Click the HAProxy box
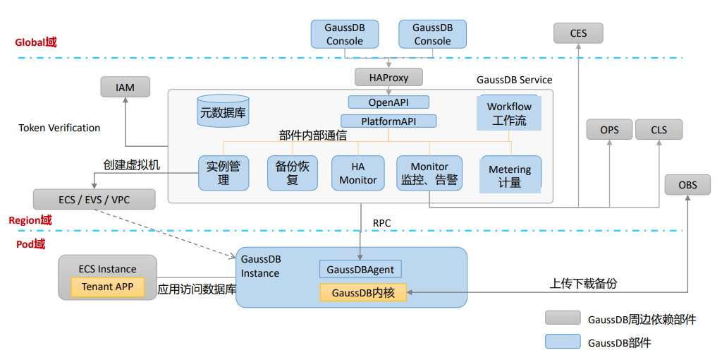tap(388, 77)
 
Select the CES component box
tap(577, 33)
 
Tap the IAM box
tap(125, 88)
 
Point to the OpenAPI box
tap(388, 102)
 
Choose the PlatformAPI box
tap(388, 121)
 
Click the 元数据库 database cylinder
tap(223, 112)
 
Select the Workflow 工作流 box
tap(509, 113)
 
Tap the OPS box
tap(609, 130)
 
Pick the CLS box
tap(659, 130)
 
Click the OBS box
tap(687, 185)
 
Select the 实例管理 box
tap(224, 173)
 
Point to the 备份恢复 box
tap(292, 173)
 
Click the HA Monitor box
tap(358, 173)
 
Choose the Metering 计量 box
tap(510, 175)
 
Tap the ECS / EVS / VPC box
tap(94, 200)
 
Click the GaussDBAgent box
tap(361, 269)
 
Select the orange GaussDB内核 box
tap(363, 292)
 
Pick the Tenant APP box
tap(107, 287)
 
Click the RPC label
tap(381, 223)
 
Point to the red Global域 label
tap(35, 42)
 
